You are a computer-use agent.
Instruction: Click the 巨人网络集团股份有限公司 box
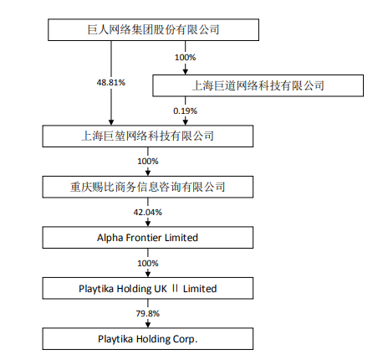tap(153, 30)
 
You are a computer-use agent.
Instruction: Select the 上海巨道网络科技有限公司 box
tap(258, 85)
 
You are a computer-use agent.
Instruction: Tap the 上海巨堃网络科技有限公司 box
tap(148, 136)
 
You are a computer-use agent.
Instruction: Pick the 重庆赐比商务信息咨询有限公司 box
tap(148, 187)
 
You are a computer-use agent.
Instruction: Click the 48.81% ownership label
tap(111, 83)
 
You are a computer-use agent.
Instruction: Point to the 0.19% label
tap(185, 111)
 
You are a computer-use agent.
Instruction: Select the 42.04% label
tap(148, 213)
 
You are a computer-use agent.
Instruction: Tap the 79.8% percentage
tap(148, 314)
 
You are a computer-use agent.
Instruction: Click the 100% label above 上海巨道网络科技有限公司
tap(186, 58)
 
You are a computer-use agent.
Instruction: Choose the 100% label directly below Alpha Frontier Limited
tap(148, 263)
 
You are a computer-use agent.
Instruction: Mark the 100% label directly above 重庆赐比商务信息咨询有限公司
tap(148, 162)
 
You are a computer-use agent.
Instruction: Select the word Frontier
tap(144, 238)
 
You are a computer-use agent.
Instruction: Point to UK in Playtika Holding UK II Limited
tap(161, 289)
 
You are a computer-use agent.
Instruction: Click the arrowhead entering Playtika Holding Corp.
tap(148, 325)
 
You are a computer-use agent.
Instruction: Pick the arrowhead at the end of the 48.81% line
tap(111, 122)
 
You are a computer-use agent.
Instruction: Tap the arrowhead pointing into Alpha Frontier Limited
tap(148, 224)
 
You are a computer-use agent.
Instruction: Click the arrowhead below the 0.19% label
tap(186, 122)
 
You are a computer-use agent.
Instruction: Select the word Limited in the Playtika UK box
tap(200, 289)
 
